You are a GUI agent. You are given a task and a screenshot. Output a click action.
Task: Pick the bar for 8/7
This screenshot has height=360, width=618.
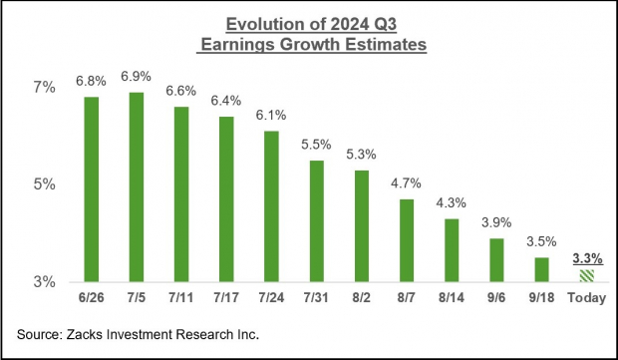407,240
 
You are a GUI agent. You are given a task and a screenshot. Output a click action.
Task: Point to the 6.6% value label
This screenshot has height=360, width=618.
180,91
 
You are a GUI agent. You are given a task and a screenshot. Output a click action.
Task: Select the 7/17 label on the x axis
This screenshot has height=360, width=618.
226,298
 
